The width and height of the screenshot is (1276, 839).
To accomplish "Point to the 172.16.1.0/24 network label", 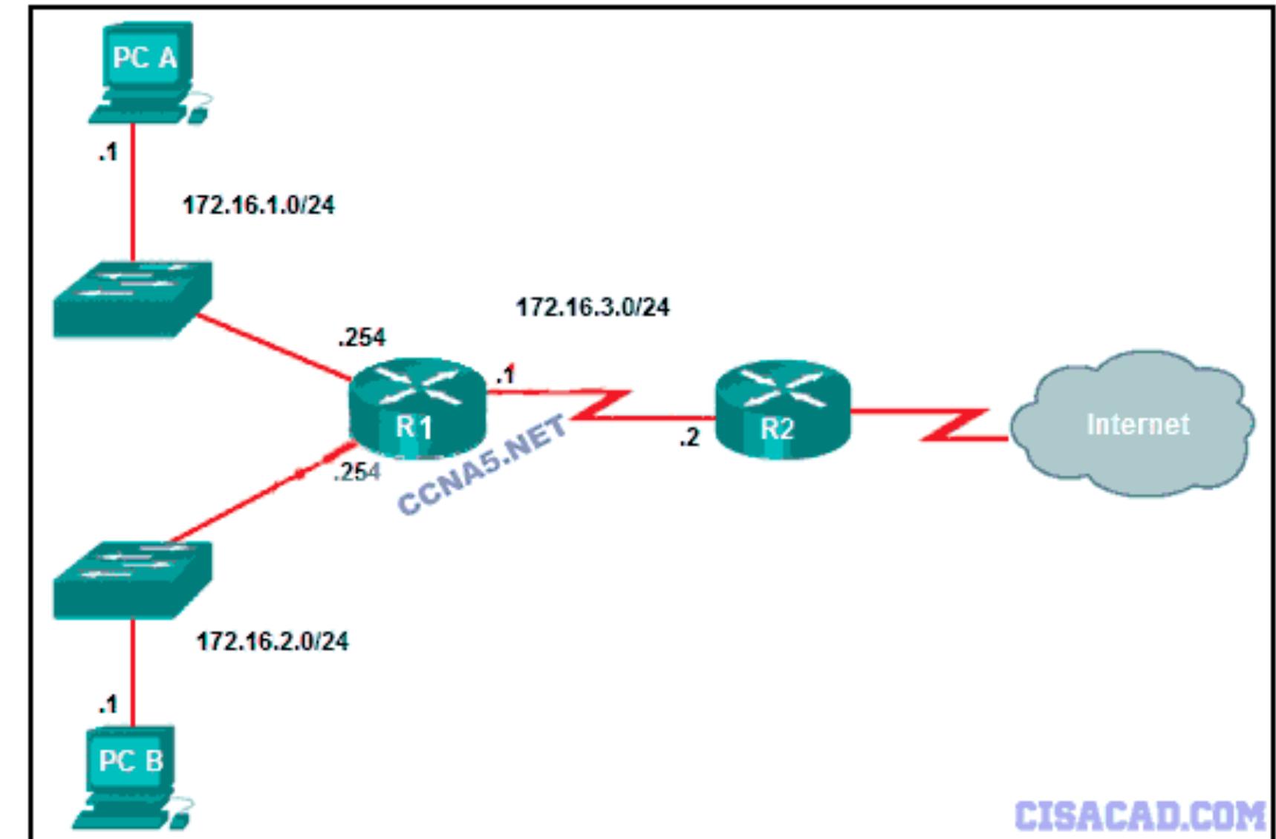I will click(x=258, y=205).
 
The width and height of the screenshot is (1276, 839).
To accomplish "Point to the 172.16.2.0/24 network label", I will click(x=272, y=641).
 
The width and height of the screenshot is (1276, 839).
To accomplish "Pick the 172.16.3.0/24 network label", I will click(x=593, y=307).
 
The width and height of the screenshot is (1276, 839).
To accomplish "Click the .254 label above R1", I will click(x=362, y=338).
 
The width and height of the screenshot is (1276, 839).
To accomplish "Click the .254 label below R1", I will click(x=357, y=471).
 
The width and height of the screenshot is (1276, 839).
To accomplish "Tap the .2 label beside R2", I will click(x=689, y=438).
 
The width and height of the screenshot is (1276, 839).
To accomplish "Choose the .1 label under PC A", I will click(x=108, y=152).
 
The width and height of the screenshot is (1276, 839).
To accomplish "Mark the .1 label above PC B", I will click(x=108, y=704).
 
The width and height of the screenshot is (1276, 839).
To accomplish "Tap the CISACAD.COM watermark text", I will click(x=1140, y=815).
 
